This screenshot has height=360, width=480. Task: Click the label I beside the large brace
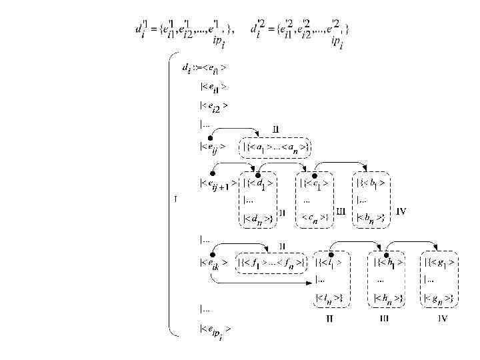[174, 199]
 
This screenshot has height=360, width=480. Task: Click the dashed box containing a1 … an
[277, 147]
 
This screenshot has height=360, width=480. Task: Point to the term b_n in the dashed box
[371, 217]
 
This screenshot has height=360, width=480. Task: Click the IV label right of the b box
[402, 211]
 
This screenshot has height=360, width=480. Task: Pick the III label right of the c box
[341, 211]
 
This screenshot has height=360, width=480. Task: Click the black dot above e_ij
[211, 136]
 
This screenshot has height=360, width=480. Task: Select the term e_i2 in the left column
[214, 105]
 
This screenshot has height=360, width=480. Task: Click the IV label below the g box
[442, 319]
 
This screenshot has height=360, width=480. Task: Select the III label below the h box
[385, 319]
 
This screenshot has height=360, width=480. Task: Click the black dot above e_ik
[211, 253]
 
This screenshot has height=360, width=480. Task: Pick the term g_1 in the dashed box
[439, 262]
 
